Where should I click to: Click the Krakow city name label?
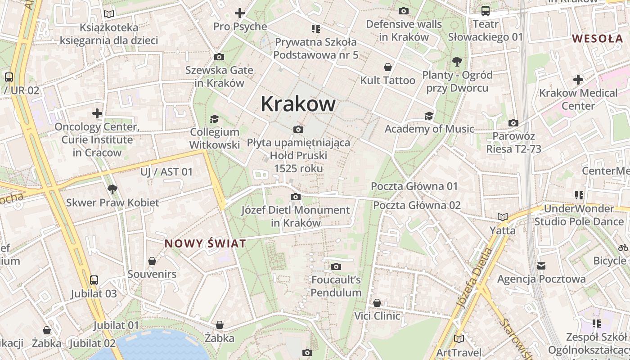tap(298, 104)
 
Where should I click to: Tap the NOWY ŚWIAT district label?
tap(205, 244)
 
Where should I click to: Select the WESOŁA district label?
tap(598, 38)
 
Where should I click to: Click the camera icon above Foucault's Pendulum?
tap(336, 267)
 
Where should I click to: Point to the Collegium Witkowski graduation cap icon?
tap(214, 119)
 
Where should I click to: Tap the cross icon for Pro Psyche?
tap(240, 13)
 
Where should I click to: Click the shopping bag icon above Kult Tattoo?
tap(387, 67)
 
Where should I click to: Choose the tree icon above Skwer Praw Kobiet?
tap(112, 189)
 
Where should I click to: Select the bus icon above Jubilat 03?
tap(94, 280)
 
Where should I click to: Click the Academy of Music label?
tap(429, 129)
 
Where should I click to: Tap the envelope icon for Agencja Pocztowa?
tap(541, 266)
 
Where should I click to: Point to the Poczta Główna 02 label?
tap(417, 205)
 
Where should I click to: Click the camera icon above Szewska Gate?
tap(219, 57)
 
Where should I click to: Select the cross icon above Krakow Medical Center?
tap(578, 80)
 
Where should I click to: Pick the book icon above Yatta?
tap(502, 217)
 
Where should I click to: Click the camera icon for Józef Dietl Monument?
tap(296, 197)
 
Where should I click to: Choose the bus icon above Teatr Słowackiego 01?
tap(485, 11)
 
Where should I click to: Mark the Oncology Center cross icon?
tap(97, 113)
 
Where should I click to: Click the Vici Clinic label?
tap(377, 316)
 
